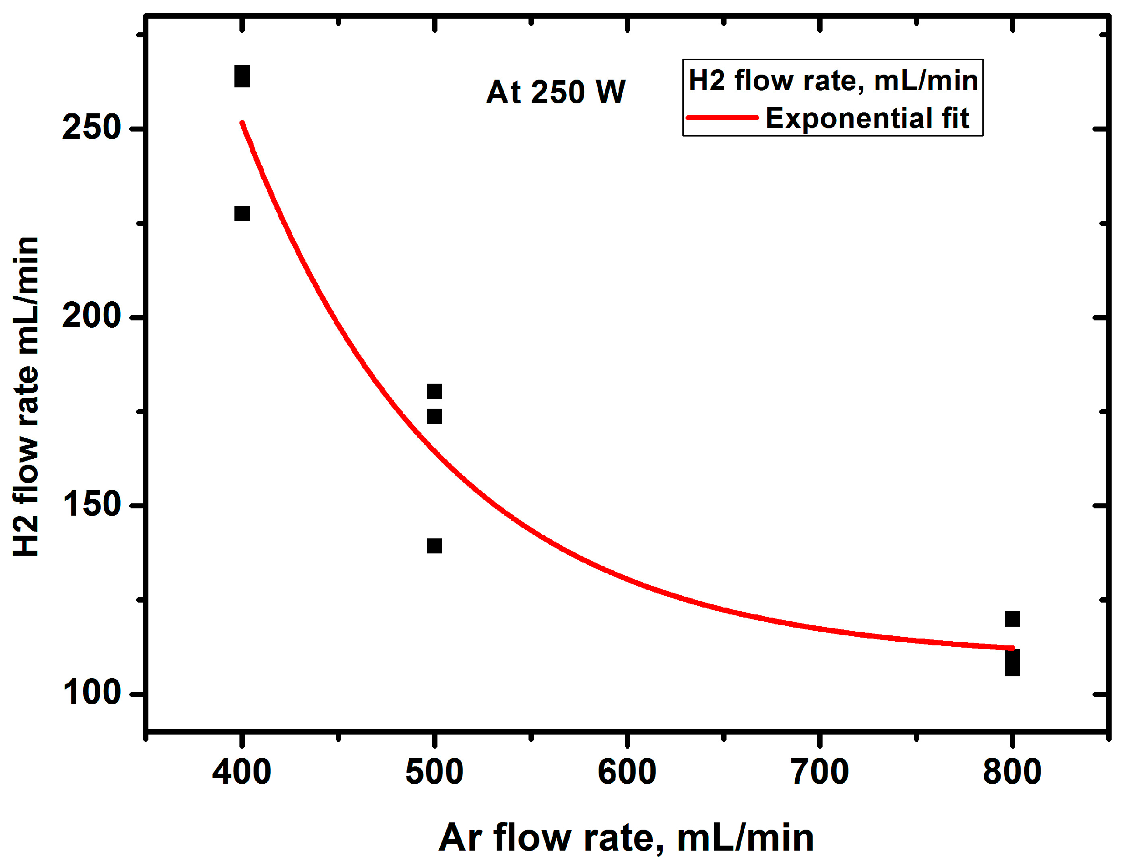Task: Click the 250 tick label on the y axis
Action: coord(91,127)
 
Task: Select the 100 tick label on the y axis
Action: coord(91,693)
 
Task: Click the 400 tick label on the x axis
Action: coord(242,772)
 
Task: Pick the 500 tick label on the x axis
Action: coord(434,772)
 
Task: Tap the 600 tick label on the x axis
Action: coord(627,772)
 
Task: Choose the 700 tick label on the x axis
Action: coord(820,772)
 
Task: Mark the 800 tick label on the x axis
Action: coord(1012,772)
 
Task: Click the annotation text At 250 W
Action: coord(556,92)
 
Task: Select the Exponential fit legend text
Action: coord(868,118)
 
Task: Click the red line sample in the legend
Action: coord(722,118)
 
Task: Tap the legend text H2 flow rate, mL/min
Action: coord(833,81)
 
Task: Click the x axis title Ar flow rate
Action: coord(626,839)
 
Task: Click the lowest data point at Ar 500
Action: coord(434,546)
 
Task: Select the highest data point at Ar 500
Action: coord(434,391)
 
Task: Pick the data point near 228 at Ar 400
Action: coord(242,213)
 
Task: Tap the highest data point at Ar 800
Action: coord(1012,619)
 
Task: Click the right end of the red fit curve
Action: coord(1011,648)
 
